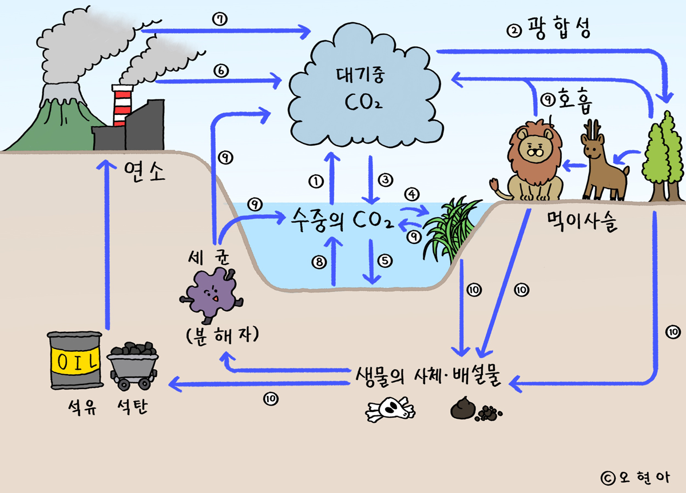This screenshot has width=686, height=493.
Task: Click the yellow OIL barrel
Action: (x=75, y=360)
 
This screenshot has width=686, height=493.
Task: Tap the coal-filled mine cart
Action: (x=133, y=362)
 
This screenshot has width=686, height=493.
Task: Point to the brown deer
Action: (x=600, y=166)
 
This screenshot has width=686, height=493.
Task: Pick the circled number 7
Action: (x=220, y=19)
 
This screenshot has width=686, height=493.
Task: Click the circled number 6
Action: (x=220, y=70)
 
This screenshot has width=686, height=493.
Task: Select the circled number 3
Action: (x=386, y=179)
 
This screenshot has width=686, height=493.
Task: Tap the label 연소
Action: (x=144, y=171)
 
